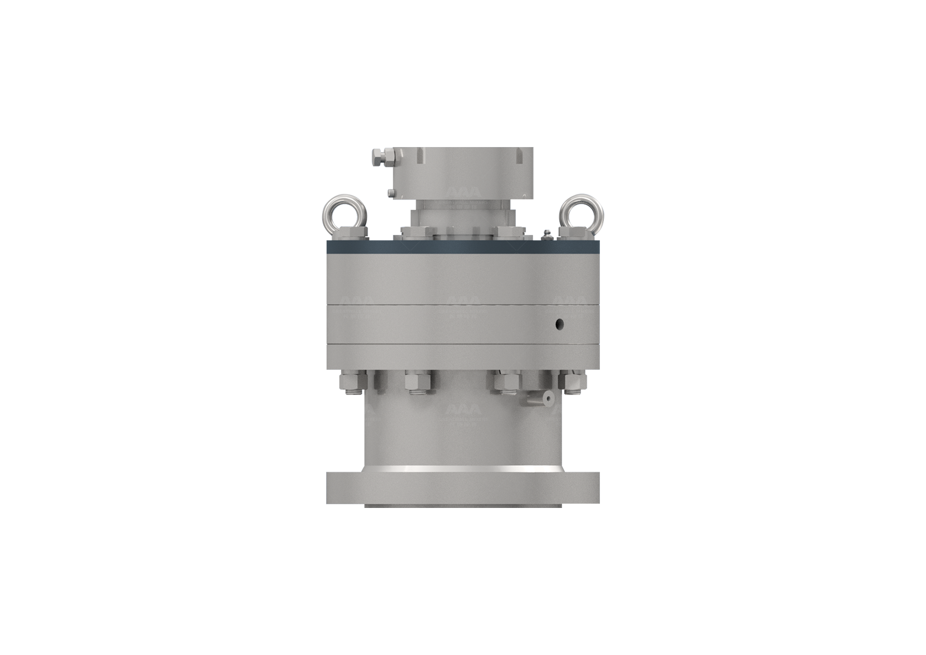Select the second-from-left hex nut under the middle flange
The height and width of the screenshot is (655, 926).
[416, 382]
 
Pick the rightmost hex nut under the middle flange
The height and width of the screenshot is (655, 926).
[570, 382]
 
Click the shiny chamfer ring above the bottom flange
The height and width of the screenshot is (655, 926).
[463, 470]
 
